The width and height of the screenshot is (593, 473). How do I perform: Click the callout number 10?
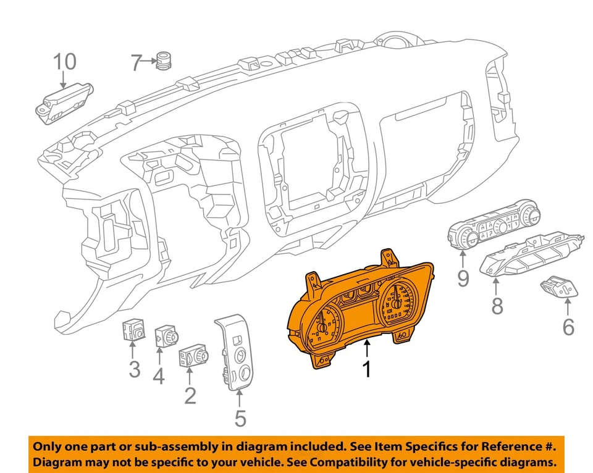click(x=64, y=62)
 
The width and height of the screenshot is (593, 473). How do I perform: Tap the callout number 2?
click(x=190, y=395)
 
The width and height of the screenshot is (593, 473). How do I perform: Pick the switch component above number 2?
click(x=193, y=356)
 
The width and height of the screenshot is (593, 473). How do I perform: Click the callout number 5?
click(x=240, y=418)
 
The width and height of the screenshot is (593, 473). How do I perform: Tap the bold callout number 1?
click(x=367, y=369)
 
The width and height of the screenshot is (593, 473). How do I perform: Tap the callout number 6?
click(x=568, y=326)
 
